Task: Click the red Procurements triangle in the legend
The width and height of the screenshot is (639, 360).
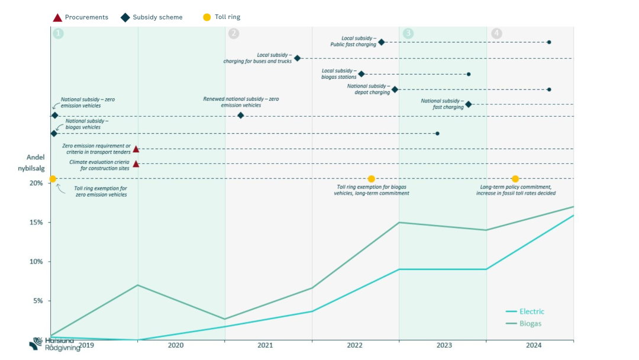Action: click(x=57, y=17)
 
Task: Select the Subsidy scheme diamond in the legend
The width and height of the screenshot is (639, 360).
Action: click(x=125, y=17)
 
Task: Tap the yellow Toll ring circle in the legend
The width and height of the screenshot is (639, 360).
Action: click(x=207, y=17)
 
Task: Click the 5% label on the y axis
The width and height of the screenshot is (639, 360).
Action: click(x=37, y=301)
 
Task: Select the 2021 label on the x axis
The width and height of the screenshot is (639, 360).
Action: click(x=265, y=345)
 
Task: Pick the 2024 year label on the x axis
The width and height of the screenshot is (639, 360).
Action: click(x=533, y=345)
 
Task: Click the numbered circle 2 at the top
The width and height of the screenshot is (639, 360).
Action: click(x=234, y=34)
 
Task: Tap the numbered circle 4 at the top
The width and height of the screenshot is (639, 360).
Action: click(x=496, y=34)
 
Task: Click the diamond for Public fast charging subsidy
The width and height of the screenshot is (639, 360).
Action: click(x=382, y=42)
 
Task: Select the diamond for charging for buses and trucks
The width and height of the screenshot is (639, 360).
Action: click(x=297, y=58)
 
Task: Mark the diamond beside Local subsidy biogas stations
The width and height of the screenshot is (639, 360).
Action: click(x=362, y=74)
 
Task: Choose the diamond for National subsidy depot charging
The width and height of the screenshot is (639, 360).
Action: click(x=395, y=89)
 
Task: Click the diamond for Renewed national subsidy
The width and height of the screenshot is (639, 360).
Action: click(x=240, y=115)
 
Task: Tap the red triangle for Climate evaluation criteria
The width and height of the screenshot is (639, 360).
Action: click(x=136, y=164)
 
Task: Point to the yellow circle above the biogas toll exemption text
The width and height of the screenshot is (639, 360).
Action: click(x=372, y=179)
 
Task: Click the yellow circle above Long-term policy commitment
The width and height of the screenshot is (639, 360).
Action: click(x=515, y=179)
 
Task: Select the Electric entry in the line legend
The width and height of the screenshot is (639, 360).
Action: click(x=531, y=311)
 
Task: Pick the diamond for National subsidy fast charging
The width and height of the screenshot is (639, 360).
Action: click(x=469, y=104)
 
